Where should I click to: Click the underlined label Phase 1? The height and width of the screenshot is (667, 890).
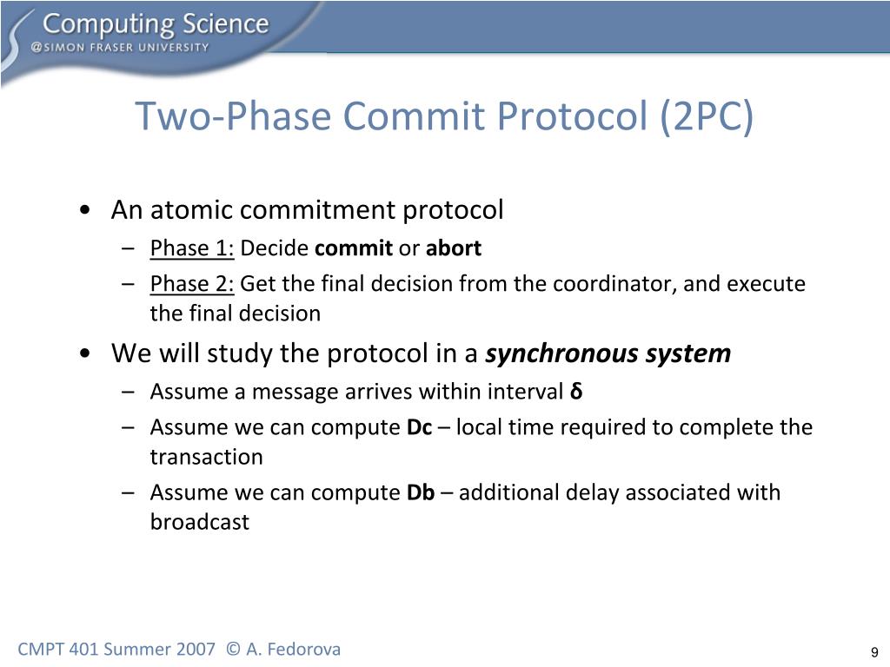click(192, 248)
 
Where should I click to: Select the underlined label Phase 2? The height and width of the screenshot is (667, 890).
click(192, 284)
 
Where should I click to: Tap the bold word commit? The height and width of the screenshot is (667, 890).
click(353, 248)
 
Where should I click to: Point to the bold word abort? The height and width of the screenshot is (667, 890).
click(453, 248)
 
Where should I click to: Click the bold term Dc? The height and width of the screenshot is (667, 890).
click(419, 427)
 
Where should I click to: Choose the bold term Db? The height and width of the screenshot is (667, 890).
click(421, 492)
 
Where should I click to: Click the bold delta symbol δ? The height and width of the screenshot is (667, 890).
click(576, 392)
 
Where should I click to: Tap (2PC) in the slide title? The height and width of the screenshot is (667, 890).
click(706, 117)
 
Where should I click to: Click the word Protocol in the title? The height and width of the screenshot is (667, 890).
click(563, 117)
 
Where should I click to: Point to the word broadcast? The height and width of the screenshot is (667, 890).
click(199, 522)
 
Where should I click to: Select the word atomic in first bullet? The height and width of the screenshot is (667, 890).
click(190, 210)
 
